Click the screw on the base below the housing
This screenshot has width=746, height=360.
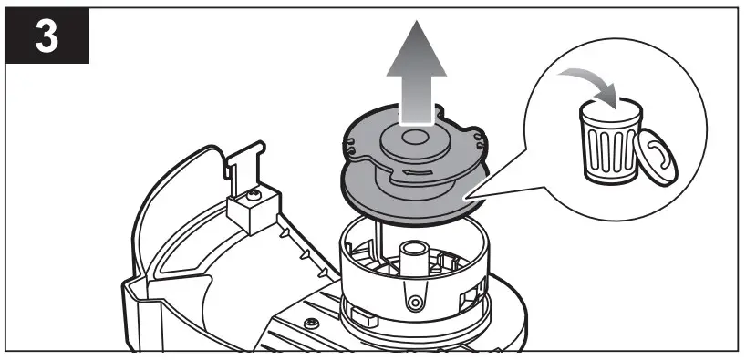(313, 324)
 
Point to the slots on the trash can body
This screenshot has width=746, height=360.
(606, 146)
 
